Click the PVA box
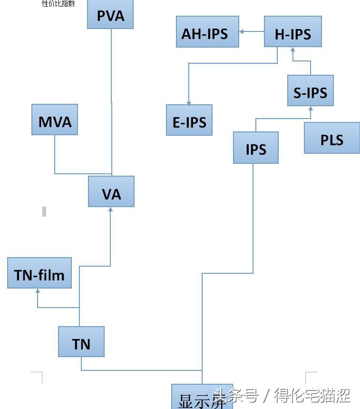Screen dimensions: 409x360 click(x=110, y=15)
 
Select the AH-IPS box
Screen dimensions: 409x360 click(x=207, y=32)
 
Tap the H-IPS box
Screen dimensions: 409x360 click(x=292, y=32)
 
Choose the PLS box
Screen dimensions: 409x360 click(x=331, y=138)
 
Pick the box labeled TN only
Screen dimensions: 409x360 click(x=81, y=342)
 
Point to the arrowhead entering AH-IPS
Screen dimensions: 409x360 click(x=241, y=32)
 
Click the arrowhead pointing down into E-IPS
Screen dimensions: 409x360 click(x=189, y=103)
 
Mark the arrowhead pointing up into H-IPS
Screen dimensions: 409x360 click(x=293, y=49)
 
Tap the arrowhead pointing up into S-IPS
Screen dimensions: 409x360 click(x=311, y=108)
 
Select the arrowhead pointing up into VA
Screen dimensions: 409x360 click(x=111, y=209)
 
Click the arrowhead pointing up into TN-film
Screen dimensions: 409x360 click(x=38, y=290)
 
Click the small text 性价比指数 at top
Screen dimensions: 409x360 click(x=58, y=4)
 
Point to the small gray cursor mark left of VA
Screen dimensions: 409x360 click(x=44, y=211)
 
